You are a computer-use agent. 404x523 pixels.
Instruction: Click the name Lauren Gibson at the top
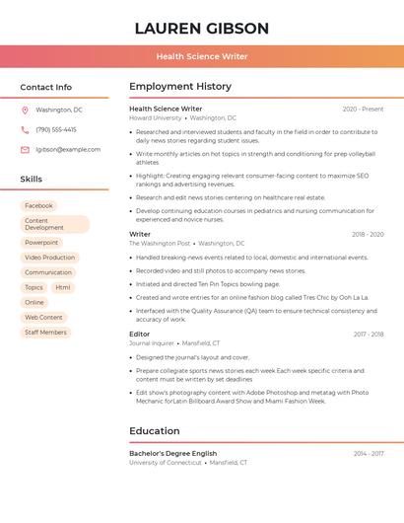click(201, 28)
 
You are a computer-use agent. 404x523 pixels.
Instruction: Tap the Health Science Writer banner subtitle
click(201, 56)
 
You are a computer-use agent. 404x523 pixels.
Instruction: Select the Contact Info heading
click(45, 87)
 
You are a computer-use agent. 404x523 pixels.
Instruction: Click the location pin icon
click(25, 110)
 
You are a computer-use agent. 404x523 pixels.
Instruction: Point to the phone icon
click(25, 129)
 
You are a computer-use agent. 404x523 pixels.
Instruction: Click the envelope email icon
click(25, 150)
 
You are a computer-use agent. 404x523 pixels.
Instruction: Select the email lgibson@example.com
click(68, 150)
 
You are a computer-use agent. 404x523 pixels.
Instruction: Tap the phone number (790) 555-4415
click(56, 129)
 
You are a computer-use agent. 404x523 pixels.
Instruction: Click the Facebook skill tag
click(39, 205)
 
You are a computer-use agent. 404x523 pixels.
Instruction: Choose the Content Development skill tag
click(54, 224)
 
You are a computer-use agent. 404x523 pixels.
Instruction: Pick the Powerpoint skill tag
click(41, 243)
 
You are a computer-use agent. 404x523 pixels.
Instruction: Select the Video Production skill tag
click(49, 258)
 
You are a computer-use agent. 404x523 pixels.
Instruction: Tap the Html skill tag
click(63, 287)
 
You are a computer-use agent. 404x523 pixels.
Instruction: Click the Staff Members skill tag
click(45, 333)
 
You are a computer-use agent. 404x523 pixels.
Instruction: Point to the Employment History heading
click(180, 87)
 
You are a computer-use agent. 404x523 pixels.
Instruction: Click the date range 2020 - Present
click(363, 109)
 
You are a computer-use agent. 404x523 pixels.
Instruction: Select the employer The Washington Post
click(160, 243)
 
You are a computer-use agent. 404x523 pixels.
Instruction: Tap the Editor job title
click(140, 335)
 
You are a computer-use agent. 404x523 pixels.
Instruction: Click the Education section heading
click(155, 431)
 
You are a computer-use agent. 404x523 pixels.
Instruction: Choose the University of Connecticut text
click(166, 462)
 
